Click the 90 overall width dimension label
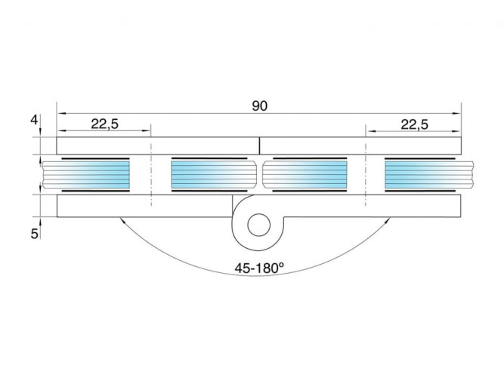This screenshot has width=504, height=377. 259,106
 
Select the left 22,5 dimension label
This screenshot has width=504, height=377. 105,124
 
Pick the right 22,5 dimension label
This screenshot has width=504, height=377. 414,124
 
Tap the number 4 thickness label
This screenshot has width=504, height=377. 34,120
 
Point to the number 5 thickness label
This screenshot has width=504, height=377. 35,234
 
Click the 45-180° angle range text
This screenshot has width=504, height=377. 259,268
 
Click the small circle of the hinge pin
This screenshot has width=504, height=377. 258,225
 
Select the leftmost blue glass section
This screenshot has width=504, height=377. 95,174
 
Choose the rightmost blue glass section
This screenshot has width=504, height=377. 420,174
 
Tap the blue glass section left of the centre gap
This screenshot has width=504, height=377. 209,174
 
